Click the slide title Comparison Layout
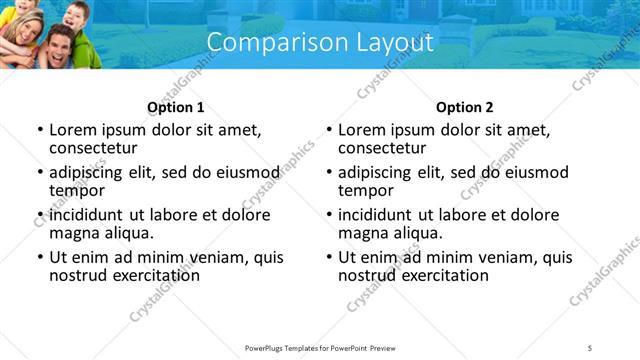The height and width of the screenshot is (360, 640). (320, 43)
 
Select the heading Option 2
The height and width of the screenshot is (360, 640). (464, 107)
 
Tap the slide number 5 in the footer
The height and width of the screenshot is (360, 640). (590, 347)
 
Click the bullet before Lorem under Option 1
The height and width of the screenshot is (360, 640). (39, 130)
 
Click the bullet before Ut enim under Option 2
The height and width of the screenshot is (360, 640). (328, 257)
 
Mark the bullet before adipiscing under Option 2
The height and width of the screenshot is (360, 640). (328, 173)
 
